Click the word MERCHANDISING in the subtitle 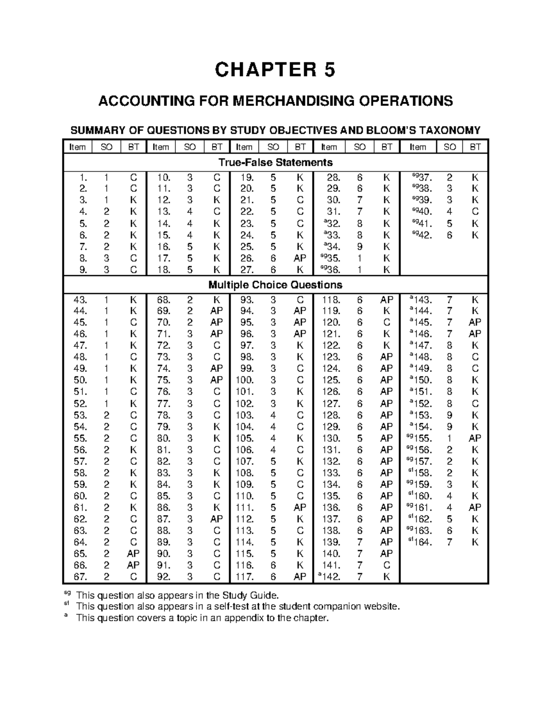(294, 100)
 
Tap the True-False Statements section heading (275, 162)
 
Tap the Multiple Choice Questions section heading (275, 285)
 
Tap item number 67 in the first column (80, 577)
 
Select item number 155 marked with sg (420, 438)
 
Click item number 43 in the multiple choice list (80, 300)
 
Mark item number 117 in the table (245, 577)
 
